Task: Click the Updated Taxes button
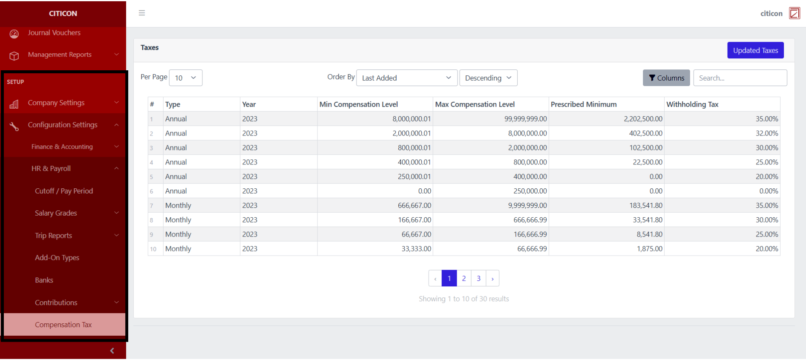[x=755, y=50]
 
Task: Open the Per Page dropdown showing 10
[x=185, y=78]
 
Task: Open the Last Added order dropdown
[x=406, y=78]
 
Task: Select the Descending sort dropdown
[x=488, y=78]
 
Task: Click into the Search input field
[x=740, y=78]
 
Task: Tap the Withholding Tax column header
[x=692, y=104]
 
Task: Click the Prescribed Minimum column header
[x=583, y=104]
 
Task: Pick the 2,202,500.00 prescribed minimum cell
[x=643, y=119]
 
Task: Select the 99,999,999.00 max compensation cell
[x=525, y=119]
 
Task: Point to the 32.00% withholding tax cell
[x=766, y=133]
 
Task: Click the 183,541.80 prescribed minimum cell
[x=646, y=205]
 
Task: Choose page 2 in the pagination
[x=464, y=278]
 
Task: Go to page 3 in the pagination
[x=478, y=278]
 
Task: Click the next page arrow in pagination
[x=492, y=279]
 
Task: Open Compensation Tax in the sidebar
[x=63, y=325]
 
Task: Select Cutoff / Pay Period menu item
[x=64, y=191]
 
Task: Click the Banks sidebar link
[x=44, y=280]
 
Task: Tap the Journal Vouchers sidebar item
[x=54, y=33]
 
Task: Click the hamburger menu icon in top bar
[x=142, y=13]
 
